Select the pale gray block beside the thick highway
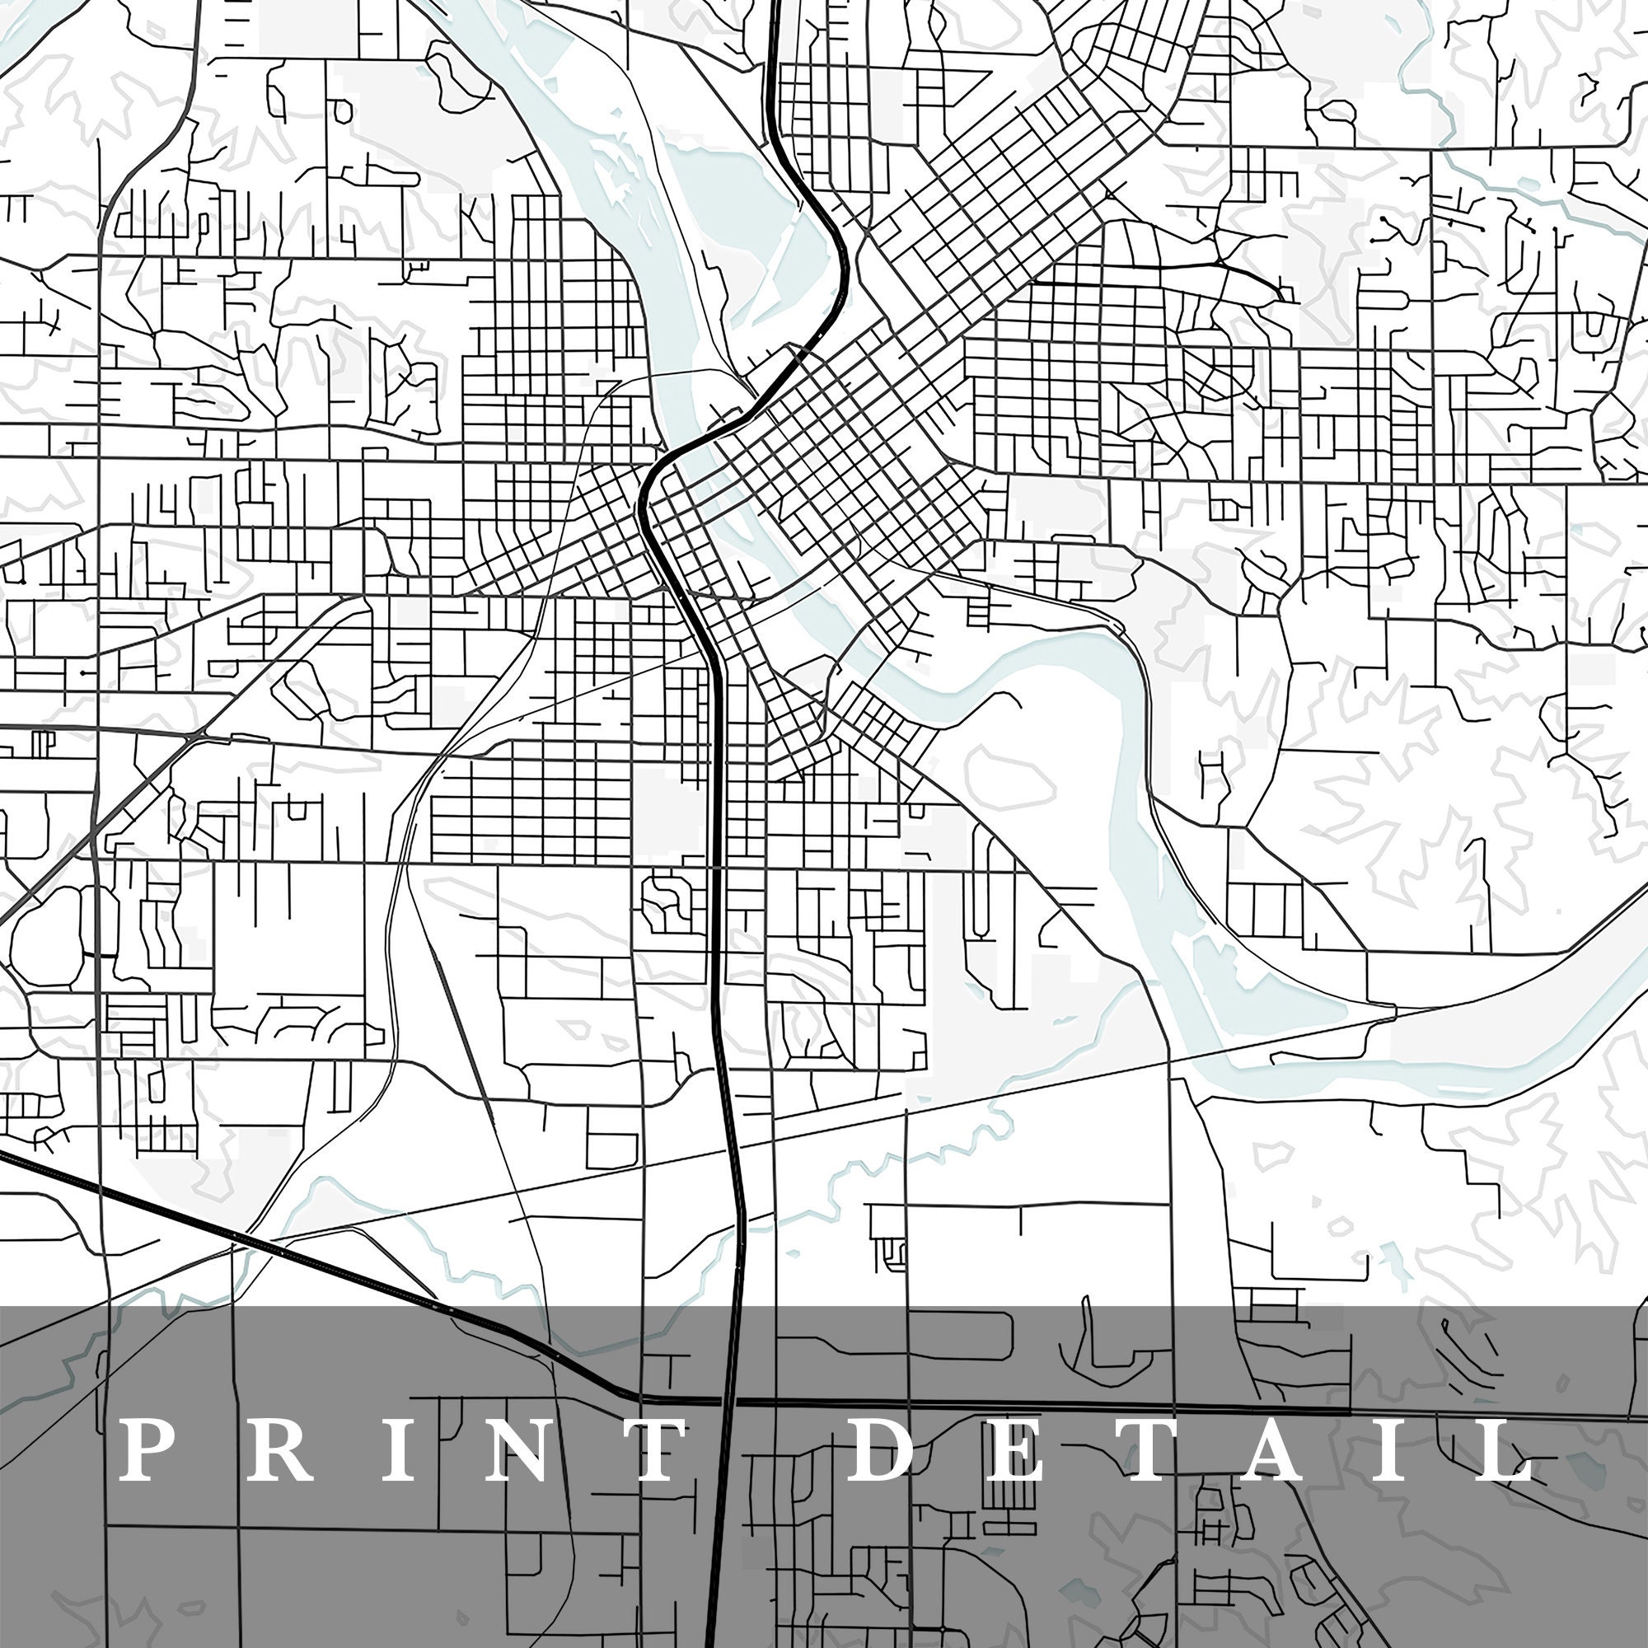coord(670,810)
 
